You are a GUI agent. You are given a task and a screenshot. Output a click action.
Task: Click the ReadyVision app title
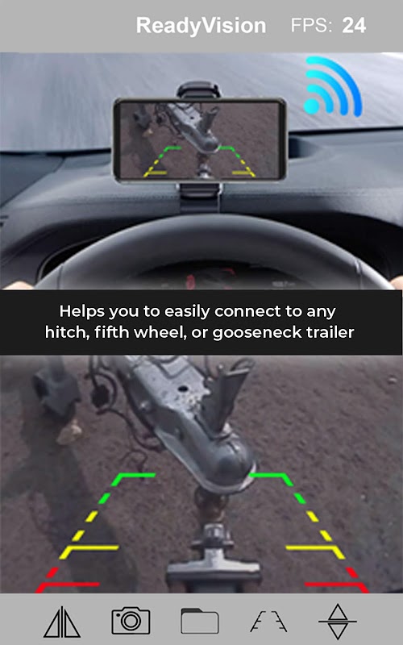click(x=201, y=26)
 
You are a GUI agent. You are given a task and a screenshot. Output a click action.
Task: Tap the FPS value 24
click(x=354, y=26)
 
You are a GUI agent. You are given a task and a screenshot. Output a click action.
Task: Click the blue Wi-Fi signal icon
click(x=332, y=86)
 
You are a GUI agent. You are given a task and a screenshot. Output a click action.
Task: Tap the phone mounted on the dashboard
click(x=199, y=139)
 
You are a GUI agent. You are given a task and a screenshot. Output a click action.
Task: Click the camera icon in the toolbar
click(x=131, y=621)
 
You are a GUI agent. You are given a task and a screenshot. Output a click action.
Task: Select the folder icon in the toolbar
click(x=199, y=621)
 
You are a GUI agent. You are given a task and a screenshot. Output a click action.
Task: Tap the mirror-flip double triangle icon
click(x=62, y=622)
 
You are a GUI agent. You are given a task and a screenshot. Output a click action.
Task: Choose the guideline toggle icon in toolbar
click(x=268, y=621)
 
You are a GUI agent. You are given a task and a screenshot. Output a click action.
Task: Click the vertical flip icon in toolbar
click(x=338, y=621)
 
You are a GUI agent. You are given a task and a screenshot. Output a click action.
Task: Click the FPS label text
click(x=311, y=26)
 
